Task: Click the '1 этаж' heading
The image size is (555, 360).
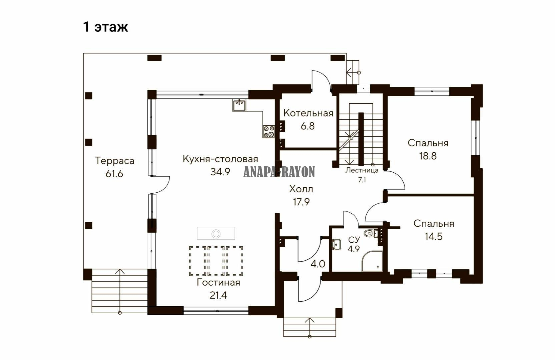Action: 105,27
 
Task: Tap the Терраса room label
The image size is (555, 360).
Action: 115,161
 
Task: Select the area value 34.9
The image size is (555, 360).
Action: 220,172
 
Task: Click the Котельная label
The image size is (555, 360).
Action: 308,113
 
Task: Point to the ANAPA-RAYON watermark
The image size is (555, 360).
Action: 279,172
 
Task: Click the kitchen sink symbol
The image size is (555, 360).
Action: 239,105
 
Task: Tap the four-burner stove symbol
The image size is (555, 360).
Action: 269,131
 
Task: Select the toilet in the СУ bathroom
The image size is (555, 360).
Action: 371,233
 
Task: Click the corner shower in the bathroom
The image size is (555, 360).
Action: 372,261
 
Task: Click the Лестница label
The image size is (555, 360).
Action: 362,170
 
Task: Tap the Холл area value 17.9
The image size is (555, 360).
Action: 301,202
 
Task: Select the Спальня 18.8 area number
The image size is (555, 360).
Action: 428,156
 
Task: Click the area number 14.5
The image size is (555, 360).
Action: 434,236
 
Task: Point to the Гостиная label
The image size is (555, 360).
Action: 218,283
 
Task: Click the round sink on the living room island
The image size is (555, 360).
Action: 216,233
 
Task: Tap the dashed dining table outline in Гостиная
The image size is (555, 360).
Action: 216,261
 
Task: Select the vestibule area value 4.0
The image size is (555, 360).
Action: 318,264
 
